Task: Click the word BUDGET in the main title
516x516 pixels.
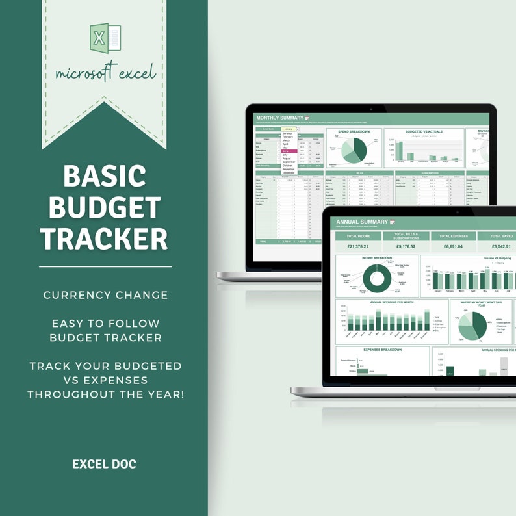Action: click(x=105, y=207)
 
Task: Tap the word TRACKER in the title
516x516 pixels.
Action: click(x=105, y=239)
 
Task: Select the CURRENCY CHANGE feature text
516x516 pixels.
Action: click(x=105, y=295)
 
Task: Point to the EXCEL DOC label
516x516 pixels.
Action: click(x=104, y=464)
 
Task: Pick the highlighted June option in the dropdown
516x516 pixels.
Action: click(x=287, y=151)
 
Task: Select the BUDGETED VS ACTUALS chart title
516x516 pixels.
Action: click(x=424, y=131)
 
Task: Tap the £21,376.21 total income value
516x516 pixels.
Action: click(x=358, y=246)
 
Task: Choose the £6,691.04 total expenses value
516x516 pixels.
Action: click(x=453, y=246)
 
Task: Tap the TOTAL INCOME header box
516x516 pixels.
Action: click(x=358, y=236)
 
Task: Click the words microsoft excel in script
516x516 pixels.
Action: click(x=105, y=72)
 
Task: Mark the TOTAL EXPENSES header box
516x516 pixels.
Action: click(x=453, y=236)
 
